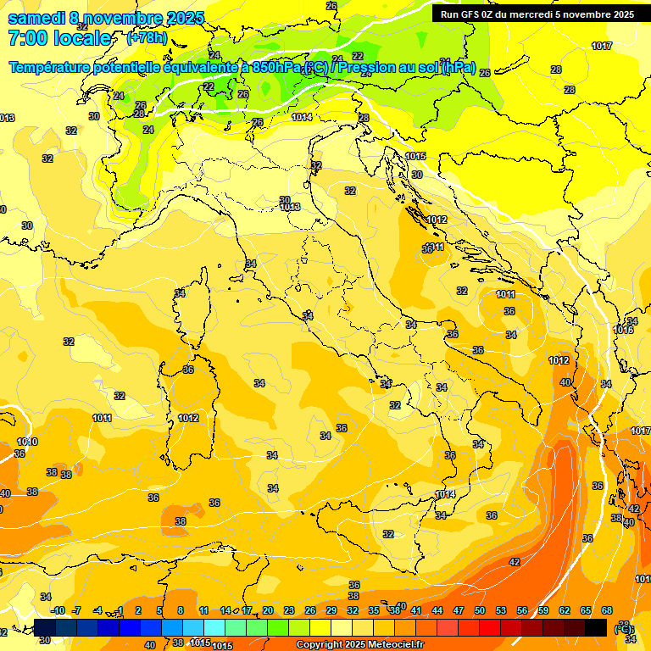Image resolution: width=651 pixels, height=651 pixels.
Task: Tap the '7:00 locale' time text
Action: (59, 38)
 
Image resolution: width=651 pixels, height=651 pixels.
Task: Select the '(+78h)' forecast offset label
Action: (147, 38)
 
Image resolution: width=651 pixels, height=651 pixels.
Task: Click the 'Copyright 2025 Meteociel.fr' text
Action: (360, 645)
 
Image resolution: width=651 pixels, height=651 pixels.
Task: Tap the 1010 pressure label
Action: (27, 442)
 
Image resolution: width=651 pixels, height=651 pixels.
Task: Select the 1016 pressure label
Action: (623, 331)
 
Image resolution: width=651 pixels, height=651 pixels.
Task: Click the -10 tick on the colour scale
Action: (58, 610)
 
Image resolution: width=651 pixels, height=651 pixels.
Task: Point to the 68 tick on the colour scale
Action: (607, 610)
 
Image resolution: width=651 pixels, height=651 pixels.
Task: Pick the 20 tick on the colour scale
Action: (267, 610)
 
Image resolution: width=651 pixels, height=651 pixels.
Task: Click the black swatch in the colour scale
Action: (597, 627)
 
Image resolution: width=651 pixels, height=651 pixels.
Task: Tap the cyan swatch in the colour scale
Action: (214, 627)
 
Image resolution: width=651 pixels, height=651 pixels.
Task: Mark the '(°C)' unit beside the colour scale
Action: (625, 628)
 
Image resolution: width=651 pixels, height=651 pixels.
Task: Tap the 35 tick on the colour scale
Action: (374, 610)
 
